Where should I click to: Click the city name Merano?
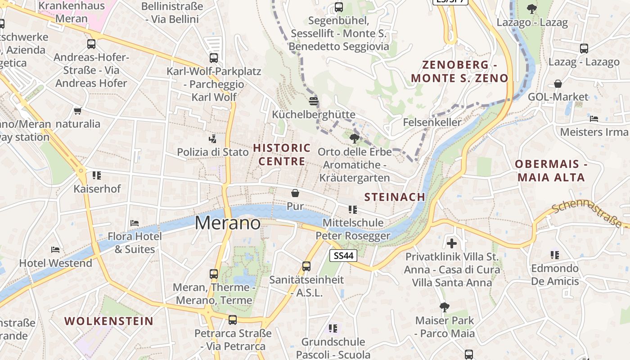coord(228,223)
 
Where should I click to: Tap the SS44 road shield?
coord(343,256)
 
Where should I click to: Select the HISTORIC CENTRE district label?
coord(282,154)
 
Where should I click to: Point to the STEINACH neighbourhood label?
coord(395,197)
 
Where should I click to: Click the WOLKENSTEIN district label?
coord(109,321)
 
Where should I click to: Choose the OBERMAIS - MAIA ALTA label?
coord(551,171)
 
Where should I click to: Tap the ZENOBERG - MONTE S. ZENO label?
coord(459,72)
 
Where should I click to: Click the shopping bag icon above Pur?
coord(295,193)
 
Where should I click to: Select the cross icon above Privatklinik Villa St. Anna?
coord(452,243)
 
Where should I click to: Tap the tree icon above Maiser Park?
coord(445,307)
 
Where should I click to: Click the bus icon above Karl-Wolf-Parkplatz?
coord(214,58)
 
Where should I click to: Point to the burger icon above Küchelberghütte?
coord(314,101)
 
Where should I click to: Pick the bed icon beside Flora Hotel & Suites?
coord(134,223)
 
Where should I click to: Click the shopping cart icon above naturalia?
coord(77,111)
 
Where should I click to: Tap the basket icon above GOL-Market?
coord(558,84)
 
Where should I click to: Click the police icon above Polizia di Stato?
coord(212,139)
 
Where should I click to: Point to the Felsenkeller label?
coord(432,122)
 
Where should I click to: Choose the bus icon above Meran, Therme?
coord(214,274)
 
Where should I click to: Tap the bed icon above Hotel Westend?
coord(55,249)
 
